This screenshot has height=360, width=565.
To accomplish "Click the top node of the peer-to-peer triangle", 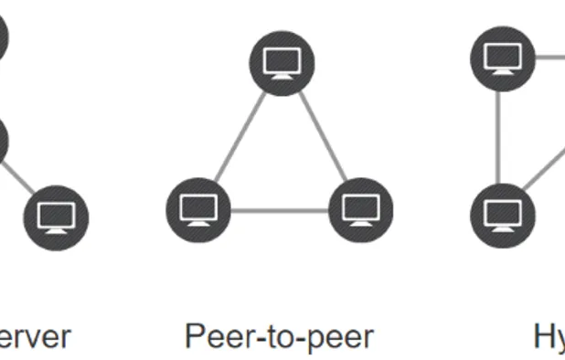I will coord(282,63).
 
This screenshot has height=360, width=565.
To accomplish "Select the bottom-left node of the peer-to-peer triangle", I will coord(198,210).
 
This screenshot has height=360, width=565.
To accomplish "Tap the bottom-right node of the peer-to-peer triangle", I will coord(360,210).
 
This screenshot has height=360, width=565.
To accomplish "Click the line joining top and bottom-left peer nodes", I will coord(240,136).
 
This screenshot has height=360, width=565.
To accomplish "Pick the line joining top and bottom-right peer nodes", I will coord(322,136).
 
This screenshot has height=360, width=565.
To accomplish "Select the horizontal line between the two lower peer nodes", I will coord(279,211).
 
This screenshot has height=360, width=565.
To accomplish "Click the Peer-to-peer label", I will coord(279,336).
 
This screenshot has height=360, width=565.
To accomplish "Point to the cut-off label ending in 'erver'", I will coord(35,336).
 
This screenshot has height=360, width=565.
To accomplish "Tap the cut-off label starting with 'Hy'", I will coord(549,336).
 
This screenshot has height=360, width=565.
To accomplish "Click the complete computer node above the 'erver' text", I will coord(58,217).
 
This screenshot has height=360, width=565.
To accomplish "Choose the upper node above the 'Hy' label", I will coord(502,58).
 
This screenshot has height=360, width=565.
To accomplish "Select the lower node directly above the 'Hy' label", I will coord(502,215).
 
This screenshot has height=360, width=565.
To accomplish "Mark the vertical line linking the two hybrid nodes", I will coord(498,136).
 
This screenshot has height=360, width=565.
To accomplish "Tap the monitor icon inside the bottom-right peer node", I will coord(360,209).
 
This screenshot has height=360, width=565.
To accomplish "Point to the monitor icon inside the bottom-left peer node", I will coord(198,209).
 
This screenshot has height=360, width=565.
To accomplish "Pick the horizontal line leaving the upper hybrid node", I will coord(549,58).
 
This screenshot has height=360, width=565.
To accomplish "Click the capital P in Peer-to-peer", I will coord(194,336).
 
